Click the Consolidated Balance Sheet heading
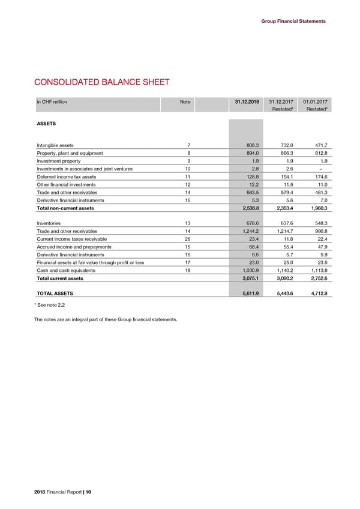(102, 82)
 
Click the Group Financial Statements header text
(293, 21)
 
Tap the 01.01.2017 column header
(314, 102)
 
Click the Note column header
(185, 102)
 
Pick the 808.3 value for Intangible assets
(251, 145)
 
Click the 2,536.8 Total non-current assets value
(247, 208)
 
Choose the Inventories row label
(50, 224)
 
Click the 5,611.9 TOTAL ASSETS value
(247, 294)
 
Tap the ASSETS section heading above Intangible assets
(47, 124)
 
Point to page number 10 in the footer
(88, 492)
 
